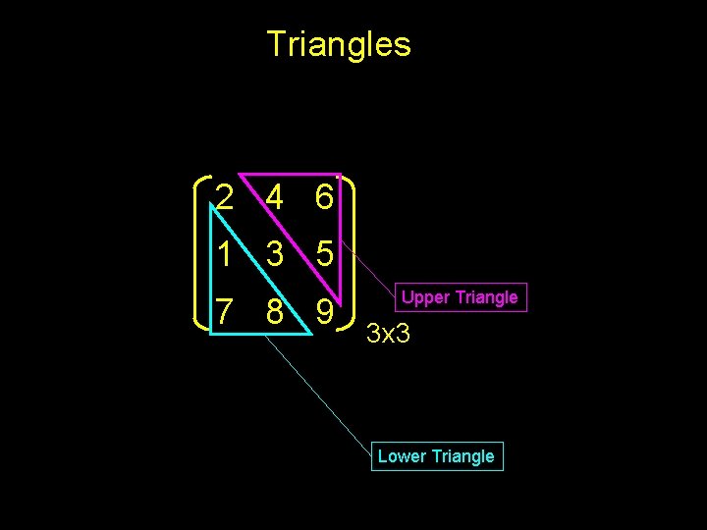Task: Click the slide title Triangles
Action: (339, 44)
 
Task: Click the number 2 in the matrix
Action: (226, 199)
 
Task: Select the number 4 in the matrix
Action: (274, 199)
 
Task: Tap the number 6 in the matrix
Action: (324, 199)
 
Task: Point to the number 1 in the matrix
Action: (226, 255)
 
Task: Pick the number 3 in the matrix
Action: (274, 255)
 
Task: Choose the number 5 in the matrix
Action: (324, 255)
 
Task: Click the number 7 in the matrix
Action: (226, 311)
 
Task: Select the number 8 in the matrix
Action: (274, 311)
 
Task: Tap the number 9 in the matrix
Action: (324, 311)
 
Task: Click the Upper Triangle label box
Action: (460, 297)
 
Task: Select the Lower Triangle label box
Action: (437, 456)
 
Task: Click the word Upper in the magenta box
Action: (424, 297)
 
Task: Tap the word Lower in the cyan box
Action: (401, 456)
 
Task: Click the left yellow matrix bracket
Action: (200, 255)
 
